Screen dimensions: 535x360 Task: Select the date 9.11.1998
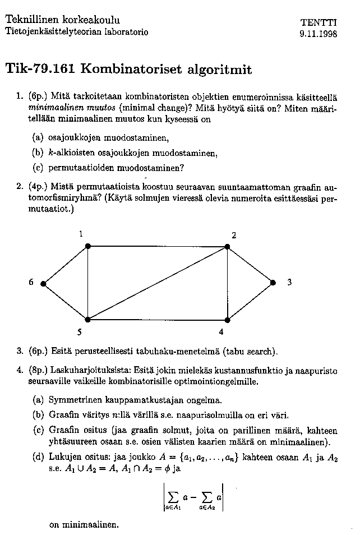(x=318, y=33)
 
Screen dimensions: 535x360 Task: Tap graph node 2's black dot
(x=227, y=246)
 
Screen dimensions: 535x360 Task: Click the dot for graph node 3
(x=273, y=283)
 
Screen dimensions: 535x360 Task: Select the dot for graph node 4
(x=227, y=320)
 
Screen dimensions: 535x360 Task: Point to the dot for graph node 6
(x=43, y=283)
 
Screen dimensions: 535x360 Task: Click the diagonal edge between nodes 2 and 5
(x=158, y=283)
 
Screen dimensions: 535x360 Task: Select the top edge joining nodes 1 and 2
(x=158, y=246)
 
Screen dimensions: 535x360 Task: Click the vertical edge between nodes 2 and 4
(x=227, y=283)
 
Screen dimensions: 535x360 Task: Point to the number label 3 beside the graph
(x=289, y=283)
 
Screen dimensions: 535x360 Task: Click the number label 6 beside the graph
(x=31, y=283)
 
